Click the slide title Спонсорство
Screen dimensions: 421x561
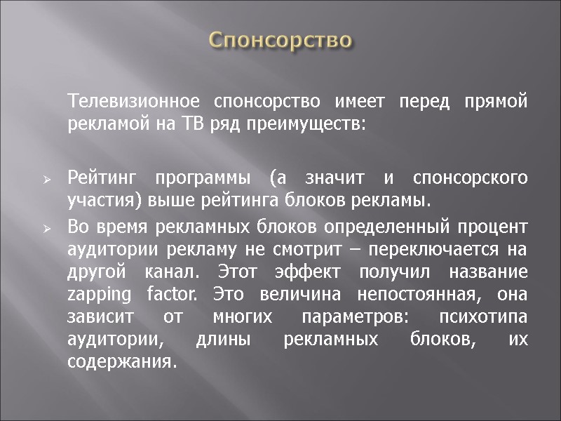tap(280, 39)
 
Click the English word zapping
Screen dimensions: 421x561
tap(96, 295)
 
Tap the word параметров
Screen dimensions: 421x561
tap(345, 317)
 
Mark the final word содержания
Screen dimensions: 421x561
tap(119, 362)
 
